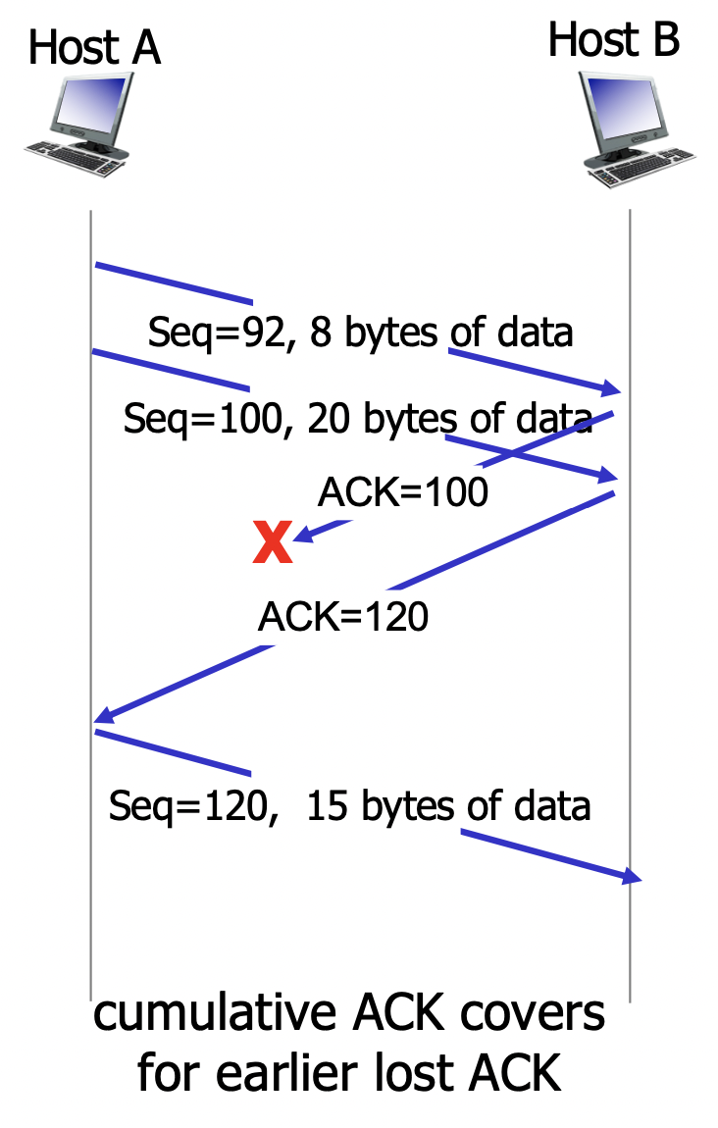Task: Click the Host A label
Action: tap(94, 47)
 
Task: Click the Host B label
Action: tap(613, 40)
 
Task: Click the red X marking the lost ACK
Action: tap(272, 542)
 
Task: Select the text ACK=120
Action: tap(342, 617)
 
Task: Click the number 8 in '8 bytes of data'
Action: tap(320, 333)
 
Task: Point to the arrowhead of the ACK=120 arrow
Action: tap(102, 720)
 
